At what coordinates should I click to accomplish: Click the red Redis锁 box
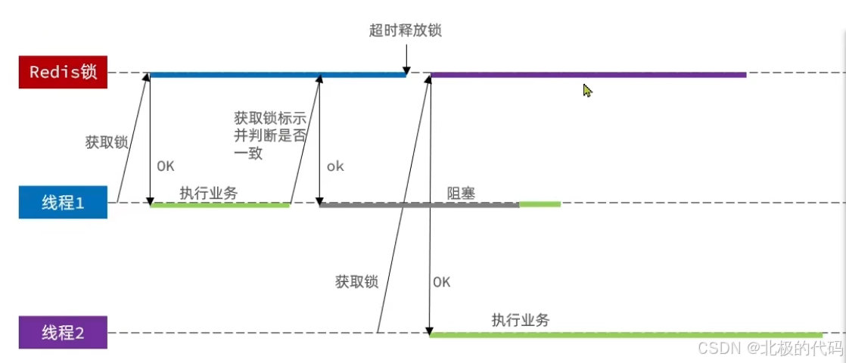(x=63, y=73)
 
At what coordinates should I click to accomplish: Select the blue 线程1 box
(x=63, y=203)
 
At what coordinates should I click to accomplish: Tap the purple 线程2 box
(x=63, y=333)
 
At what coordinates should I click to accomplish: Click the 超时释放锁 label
(x=404, y=30)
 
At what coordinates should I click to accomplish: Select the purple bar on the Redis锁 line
(x=588, y=75)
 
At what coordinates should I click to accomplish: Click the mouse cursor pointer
(x=587, y=90)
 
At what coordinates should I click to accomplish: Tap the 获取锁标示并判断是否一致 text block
(x=269, y=134)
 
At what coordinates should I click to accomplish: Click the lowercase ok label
(x=335, y=166)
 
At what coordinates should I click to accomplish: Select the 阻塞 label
(x=461, y=192)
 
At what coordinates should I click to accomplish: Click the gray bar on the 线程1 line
(x=419, y=204)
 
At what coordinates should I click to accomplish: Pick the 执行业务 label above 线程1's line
(x=209, y=192)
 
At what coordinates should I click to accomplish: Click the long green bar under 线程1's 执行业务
(x=220, y=204)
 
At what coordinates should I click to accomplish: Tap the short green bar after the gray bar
(x=540, y=204)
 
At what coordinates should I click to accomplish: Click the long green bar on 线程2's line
(x=626, y=334)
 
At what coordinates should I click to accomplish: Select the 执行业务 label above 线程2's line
(x=521, y=320)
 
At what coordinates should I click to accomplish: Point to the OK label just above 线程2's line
(x=442, y=282)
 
